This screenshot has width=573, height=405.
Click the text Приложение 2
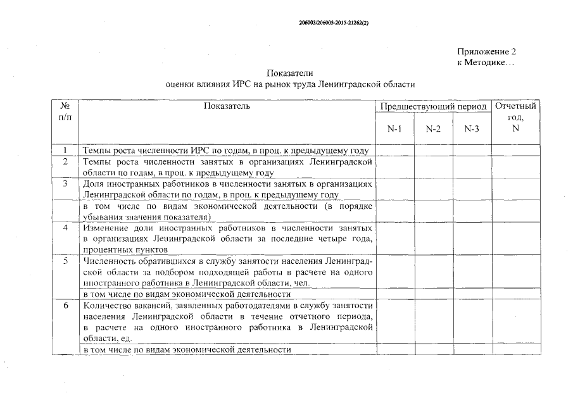[x=486, y=51]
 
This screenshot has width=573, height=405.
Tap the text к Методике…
[x=485, y=63]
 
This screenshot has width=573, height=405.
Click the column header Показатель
[x=227, y=106]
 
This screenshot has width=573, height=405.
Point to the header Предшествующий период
[x=433, y=106]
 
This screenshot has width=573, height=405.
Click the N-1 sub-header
[x=394, y=129]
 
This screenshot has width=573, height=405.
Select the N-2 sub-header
[x=433, y=129]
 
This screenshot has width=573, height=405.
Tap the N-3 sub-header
[x=472, y=129]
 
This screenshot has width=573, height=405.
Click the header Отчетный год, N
[x=515, y=117]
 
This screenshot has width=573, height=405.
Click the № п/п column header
[x=65, y=112]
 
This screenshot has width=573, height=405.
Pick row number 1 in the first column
[x=65, y=151]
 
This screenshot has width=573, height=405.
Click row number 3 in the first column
[x=65, y=184]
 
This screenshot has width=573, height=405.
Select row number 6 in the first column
[x=65, y=305]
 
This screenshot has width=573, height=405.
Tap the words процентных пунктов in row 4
[x=118, y=249]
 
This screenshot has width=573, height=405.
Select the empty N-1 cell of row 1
[x=394, y=151]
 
